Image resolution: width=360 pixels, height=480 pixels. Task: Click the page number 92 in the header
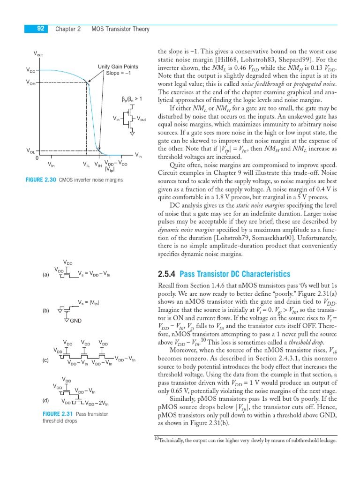point(41,29)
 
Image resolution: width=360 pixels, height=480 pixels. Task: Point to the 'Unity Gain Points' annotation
point(118,67)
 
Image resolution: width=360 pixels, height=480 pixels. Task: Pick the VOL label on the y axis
point(30,151)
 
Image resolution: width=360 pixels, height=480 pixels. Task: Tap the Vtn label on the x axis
point(51,165)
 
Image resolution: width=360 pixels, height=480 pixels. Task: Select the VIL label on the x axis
point(86,165)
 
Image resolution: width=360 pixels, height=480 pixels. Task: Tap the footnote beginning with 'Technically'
point(246,441)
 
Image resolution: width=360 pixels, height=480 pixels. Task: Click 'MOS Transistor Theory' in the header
point(121,29)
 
